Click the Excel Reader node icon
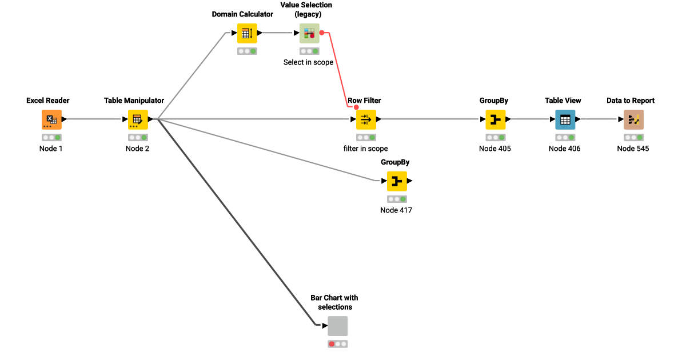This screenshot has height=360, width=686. coord(51,119)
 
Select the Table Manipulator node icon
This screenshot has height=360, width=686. coord(138,119)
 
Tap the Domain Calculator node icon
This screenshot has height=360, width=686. coord(247,33)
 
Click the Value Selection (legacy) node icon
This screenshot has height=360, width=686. coord(309,33)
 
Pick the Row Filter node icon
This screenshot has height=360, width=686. coord(366,119)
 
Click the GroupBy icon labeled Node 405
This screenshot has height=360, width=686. coord(495,119)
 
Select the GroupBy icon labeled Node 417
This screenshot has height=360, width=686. coord(397,181)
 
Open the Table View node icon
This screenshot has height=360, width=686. coord(565,119)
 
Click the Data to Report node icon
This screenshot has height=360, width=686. coord(633,119)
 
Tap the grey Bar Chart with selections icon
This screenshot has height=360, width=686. coord(337,326)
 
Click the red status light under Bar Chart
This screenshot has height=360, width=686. coord(332,344)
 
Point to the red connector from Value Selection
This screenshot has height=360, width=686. coord(340,69)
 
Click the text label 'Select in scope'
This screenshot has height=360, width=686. coord(308,62)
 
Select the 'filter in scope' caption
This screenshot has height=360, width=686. coord(365,149)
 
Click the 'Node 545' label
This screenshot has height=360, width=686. coord(633,149)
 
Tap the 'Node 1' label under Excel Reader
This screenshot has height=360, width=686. coord(51,149)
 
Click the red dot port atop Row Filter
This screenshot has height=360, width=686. coord(356,107)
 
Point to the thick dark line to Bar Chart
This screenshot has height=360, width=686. coord(234,223)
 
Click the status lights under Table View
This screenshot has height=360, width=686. coord(565,138)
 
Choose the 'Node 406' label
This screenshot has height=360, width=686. coord(564,149)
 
